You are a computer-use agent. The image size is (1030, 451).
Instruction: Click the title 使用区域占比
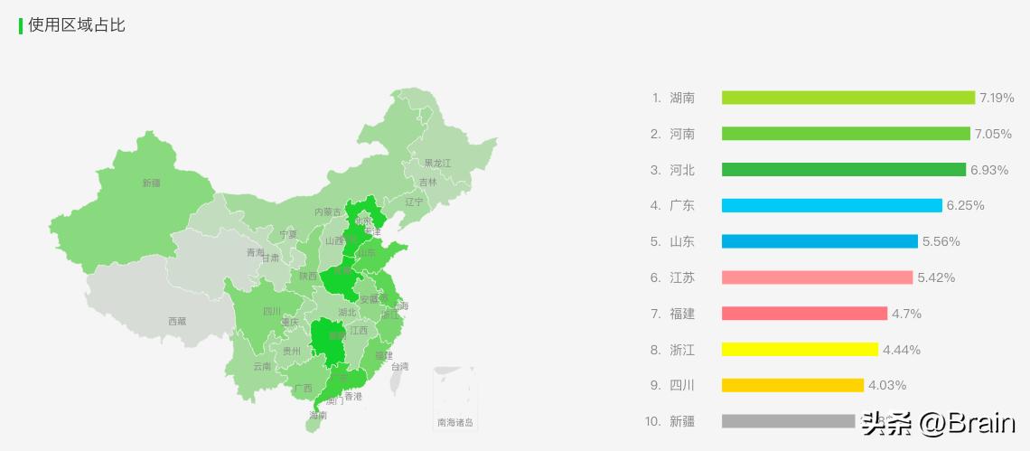click(x=77, y=25)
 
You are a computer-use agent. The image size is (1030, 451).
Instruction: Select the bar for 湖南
click(x=847, y=98)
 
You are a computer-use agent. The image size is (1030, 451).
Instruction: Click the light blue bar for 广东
click(x=831, y=206)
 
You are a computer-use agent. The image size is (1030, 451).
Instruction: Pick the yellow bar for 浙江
click(x=800, y=350)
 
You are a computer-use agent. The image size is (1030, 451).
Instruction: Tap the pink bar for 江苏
click(x=817, y=277)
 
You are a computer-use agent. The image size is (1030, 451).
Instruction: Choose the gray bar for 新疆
click(x=788, y=421)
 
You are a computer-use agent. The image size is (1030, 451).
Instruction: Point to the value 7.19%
click(x=997, y=98)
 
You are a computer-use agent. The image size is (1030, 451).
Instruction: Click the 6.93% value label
click(x=988, y=170)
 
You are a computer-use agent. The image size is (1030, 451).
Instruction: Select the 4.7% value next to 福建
click(x=906, y=314)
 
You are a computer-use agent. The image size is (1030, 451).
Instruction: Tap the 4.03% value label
click(x=887, y=386)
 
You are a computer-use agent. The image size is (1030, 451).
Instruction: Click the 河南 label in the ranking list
click(x=682, y=134)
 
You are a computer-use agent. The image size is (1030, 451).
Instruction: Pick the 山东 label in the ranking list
click(x=682, y=242)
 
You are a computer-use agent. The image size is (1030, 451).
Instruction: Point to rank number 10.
click(x=653, y=421)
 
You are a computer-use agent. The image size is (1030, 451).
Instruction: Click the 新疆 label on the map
click(x=151, y=183)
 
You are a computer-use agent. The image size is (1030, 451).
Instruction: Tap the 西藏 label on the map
click(x=177, y=321)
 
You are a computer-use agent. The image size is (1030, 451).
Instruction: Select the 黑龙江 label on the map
click(x=437, y=164)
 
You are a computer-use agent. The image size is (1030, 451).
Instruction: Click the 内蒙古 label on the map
click(x=328, y=212)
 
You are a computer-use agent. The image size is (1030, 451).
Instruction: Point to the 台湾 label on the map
click(x=399, y=366)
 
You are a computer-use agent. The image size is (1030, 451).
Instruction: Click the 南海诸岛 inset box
click(x=454, y=399)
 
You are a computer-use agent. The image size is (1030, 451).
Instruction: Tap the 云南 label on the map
click(x=262, y=366)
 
